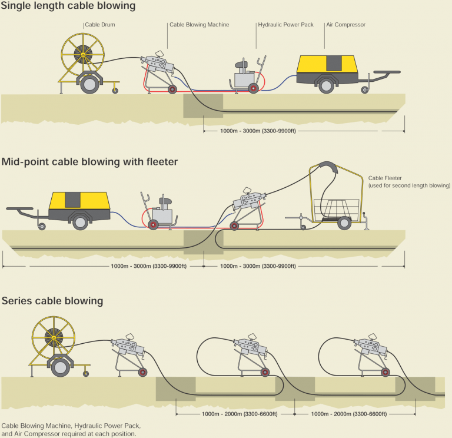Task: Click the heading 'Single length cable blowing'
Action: [x=68, y=6]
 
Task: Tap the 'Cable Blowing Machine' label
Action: [x=199, y=25]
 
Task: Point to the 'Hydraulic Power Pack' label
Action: [x=286, y=25]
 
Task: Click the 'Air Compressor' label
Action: [x=345, y=25]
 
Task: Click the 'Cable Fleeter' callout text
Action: [x=409, y=181]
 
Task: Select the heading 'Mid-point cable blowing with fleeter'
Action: [x=89, y=161]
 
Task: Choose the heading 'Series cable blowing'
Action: [x=52, y=301]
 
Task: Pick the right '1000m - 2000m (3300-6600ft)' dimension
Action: [x=348, y=413]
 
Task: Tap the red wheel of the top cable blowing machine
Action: [x=172, y=89]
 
